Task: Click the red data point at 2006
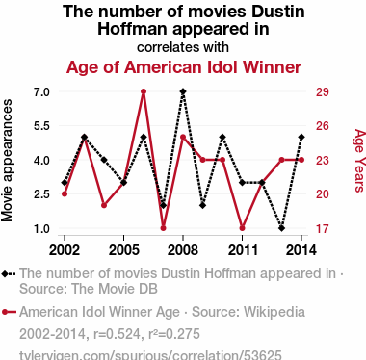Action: point(144,91)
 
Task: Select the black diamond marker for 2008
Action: point(183,91)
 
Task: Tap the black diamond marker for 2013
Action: point(281,228)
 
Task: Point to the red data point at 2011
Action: point(242,228)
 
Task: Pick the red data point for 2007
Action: point(163,228)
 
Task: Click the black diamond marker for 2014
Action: point(301,138)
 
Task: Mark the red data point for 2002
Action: point(65,194)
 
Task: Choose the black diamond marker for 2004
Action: point(104,160)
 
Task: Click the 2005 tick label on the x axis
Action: point(124,250)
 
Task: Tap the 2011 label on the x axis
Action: point(243,250)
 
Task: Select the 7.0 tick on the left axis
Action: point(41,92)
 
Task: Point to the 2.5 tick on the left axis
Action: point(41,194)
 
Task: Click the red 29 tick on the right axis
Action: point(323,92)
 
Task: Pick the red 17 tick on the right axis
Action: point(323,229)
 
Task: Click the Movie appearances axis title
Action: point(7,161)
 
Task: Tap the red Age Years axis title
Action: point(360,161)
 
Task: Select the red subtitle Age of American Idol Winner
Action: point(184,67)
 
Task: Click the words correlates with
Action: point(183,47)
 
